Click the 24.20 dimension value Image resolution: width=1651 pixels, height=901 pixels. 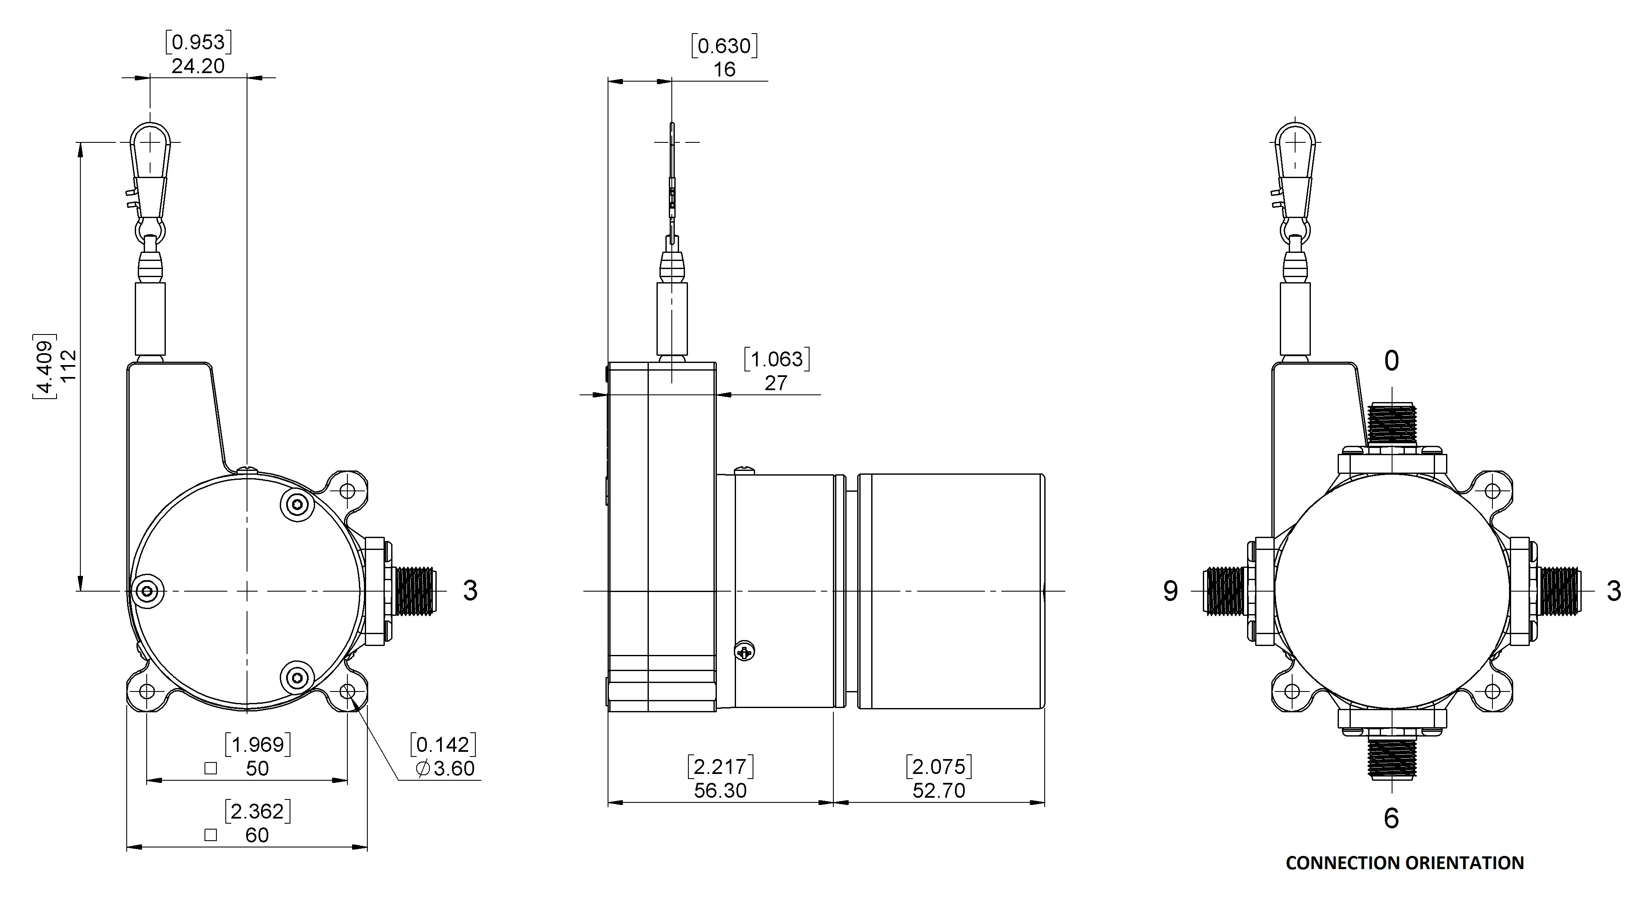[198, 66]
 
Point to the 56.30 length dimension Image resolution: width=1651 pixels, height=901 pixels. [720, 790]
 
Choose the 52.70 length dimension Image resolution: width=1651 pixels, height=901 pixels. [939, 790]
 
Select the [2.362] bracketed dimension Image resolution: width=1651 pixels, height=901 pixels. [258, 811]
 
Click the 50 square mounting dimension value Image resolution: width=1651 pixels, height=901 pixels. [257, 768]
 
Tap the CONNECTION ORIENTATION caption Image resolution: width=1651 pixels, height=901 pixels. [1405, 863]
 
